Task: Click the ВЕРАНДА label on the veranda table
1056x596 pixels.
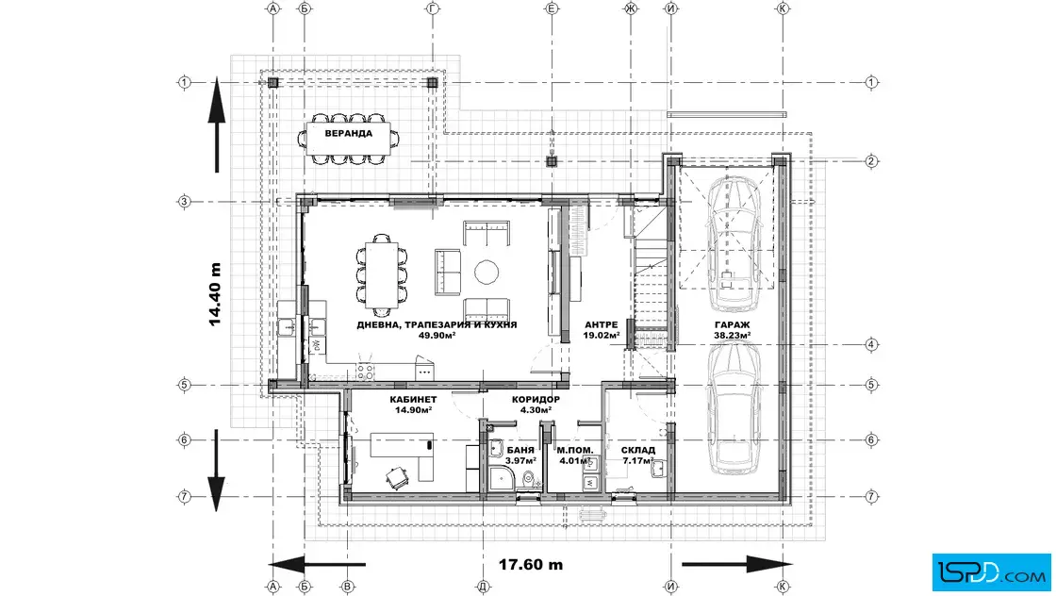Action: (x=348, y=133)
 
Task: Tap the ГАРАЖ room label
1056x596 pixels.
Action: (x=732, y=325)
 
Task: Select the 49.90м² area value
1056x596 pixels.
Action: (x=437, y=335)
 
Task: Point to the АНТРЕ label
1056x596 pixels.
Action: (x=601, y=324)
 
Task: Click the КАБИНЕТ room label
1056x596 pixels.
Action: (x=413, y=399)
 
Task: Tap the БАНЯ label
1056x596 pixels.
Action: (x=520, y=450)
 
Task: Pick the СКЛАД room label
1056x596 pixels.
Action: (x=637, y=450)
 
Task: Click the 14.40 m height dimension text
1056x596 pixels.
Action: (x=215, y=294)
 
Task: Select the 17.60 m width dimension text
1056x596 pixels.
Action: (x=531, y=564)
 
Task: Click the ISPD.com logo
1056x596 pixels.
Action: (x=991, y=572)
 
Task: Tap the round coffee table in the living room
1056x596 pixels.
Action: (x=487, y=273)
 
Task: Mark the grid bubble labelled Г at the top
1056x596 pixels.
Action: (x=433, y=8)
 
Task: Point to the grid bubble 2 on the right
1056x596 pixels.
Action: (x=871, y=161)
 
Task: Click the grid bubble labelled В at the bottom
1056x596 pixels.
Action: (x=348, y=587)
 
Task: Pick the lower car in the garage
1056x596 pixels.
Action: (x=734, y=407)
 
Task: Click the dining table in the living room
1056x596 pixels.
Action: (x=381, y=274)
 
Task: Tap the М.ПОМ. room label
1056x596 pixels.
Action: (x=574, y=450)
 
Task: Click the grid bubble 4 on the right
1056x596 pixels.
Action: (x=871, y=345)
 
